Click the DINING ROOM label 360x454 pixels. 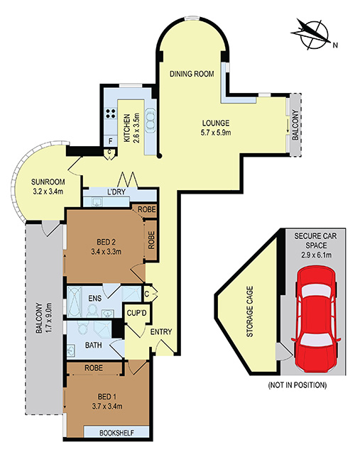192,74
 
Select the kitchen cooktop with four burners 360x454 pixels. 110,113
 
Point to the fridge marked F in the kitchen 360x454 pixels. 110,142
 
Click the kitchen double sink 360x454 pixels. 151,121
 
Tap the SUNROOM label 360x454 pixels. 48,182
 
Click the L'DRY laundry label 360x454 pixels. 116,192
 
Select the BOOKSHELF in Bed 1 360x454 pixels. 116,433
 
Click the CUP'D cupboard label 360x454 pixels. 137,313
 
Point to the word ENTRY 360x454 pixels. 161,332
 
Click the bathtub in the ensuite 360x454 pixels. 75,301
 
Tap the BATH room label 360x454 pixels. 93,345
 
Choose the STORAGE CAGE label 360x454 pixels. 249,311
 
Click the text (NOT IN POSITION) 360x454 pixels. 298,385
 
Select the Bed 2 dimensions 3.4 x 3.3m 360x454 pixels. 106,252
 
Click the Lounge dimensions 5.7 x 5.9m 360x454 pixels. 216,133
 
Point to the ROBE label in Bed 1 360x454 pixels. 94,367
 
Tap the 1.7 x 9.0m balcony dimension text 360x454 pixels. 48,317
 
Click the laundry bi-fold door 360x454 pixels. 126,180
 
